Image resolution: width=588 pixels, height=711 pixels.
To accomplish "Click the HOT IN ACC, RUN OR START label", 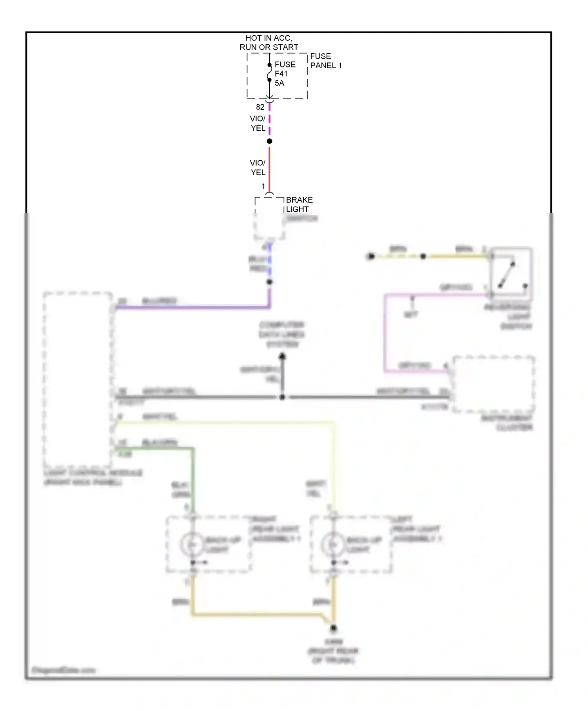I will click(x=269, y=43).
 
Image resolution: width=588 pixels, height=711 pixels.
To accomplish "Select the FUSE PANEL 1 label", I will click(x=325, y=61).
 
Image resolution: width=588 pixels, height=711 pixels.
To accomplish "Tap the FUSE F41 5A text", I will click(x=285, y=74).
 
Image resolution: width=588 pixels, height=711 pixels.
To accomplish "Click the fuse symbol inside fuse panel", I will click(x=269, y=73).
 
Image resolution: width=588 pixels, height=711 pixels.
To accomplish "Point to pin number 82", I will click(x=260, y=107).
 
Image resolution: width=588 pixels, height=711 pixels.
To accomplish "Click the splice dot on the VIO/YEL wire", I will click(x=269, y=141).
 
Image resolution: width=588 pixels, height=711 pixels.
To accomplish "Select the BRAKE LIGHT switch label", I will click(x=299, y=205).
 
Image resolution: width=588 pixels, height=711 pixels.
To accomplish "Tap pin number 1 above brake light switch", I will click(x=263, y=186).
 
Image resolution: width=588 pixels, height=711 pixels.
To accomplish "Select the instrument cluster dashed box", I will click(x=494, y=384).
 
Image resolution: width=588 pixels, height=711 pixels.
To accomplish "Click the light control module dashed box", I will click(x=78, y=379).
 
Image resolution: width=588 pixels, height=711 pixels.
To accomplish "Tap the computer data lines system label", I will click(x=282, y=334).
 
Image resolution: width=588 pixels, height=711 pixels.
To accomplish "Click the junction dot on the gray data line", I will click(x=282, y=397).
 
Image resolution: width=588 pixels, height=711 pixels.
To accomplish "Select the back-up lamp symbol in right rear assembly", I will click(x=192, y=544).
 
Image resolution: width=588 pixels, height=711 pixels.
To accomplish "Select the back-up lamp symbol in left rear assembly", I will click(x=333, y=544).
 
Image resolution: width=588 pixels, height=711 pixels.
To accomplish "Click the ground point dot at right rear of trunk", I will click(x=333, y=628).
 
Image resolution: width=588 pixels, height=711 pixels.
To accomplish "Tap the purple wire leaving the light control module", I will click(x=192, y=307).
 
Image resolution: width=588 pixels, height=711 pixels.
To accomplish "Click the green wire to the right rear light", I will click(x=193, y=478).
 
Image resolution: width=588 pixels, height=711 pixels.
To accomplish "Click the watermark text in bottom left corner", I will click(x=63, y=670).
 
